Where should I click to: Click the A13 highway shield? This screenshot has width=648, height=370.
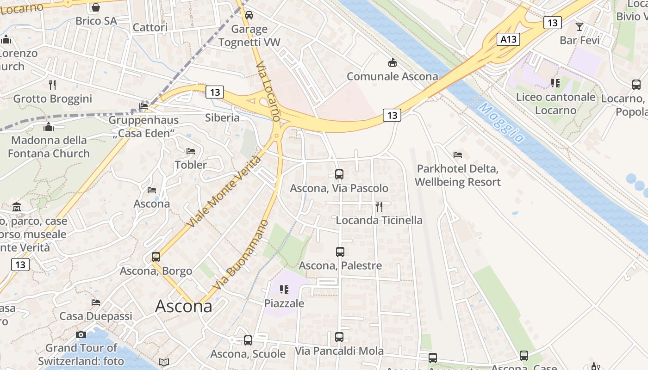[x=509, y=39]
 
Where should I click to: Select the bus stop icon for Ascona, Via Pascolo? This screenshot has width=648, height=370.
[x=339, y=174]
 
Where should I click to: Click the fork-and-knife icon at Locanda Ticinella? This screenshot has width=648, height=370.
[x=379, y=206]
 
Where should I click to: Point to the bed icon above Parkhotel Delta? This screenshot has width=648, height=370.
[x=458, y=154]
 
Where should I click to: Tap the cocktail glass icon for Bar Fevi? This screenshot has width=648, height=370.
[x=579, y=26]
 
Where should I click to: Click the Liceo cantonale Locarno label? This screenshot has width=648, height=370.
[x=555, y=104]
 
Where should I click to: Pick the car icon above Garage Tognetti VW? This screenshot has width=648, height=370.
[x=249, y=15]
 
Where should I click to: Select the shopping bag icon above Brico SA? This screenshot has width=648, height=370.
[x=96, y=7]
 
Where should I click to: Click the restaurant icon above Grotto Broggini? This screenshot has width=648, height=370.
[x=52, y=85]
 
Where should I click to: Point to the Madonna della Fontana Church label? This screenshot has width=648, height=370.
[x=49, y=147]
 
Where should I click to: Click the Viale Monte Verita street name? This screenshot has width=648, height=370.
[x=224, y=192]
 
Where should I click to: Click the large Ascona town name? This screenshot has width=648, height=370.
[x=184, y=306]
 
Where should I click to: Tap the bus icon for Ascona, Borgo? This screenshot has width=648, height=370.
[x=156, y=257]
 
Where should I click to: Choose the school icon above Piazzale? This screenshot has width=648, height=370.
[x=284, y=290]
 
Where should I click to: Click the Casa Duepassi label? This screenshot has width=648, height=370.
[x=96, y=316]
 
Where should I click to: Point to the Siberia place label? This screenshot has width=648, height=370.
[x=223, y=117]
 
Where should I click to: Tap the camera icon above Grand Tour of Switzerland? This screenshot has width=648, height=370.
[x=81, y=334]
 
